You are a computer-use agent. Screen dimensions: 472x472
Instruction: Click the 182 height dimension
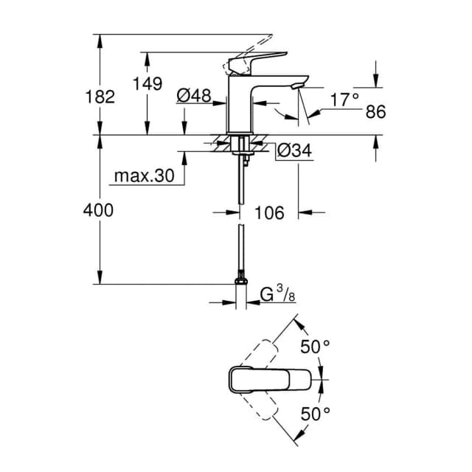pyautogui.click(x=100, y=97)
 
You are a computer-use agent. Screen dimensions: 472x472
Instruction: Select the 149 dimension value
pyautogui.click(x=147, y=83)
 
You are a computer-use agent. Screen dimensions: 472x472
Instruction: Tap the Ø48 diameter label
pyautogui.click(x=194, y=96)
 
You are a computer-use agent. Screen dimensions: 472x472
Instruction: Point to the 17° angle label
pyautogui.click(x=344, y=100)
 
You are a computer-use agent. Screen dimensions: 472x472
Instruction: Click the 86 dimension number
pyautogui.click(x=375, y=111)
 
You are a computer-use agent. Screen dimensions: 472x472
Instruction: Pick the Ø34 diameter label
pyautogui.click(x=294, y=150)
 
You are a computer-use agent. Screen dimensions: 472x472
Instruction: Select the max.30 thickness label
pyautogui.click(x=145, y=176)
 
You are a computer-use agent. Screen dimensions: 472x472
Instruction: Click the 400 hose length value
pyautogui.click(x=98, y=210)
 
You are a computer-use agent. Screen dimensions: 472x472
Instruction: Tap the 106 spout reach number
pyautogui.click(x=269, y=213)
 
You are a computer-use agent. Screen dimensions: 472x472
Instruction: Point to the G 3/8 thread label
pyautogui.click(x=278, y=294)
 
